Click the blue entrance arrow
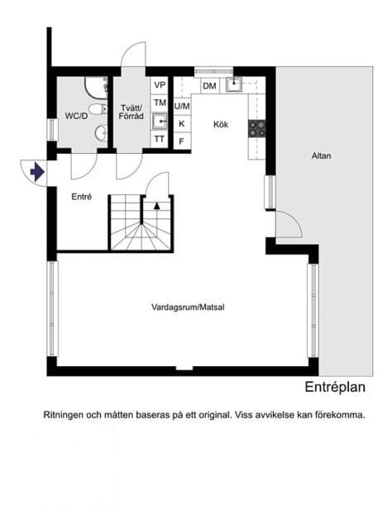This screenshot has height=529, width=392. click(x=36, y=172)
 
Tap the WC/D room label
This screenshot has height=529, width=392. click(x=76, y=117)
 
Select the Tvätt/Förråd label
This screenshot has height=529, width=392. click(x=131, y=112)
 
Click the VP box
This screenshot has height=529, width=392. click(x=159, y=86)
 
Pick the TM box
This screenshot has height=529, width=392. click(x=159, y=102)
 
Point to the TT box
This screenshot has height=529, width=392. click(x=159, y=139)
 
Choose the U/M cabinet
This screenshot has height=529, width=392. click(x=182, y=106)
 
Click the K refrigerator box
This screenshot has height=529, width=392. click(x=181, y=123)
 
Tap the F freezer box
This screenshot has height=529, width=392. click(x=181, y=141)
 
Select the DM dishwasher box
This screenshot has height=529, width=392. click(x=209, y=86)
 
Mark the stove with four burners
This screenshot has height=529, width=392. click(x=257, y=127)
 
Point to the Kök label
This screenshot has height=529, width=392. click(x=221, y=125)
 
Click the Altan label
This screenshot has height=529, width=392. click(x=322, y=155)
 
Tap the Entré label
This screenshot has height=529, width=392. click(x=81, y=197)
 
